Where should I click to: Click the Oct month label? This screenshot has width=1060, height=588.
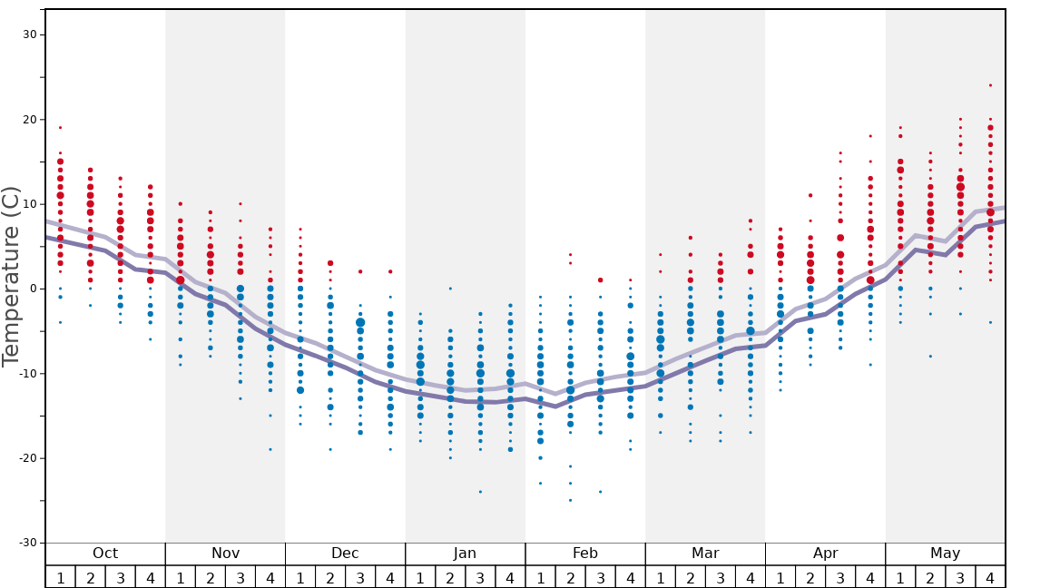point(105,554)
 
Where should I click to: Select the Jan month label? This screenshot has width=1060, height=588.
point(465,554)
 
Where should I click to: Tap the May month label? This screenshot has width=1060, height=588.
point(945,554)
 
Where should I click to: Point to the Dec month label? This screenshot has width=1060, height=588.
point(345,554)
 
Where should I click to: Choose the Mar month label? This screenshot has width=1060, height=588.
point(705,554)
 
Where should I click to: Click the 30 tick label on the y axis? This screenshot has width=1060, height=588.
point(29,34)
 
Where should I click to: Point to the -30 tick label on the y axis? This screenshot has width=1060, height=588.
point(26,543)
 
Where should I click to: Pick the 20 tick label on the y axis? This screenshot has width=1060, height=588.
point(29,119)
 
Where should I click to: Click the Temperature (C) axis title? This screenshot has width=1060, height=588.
point(11,276)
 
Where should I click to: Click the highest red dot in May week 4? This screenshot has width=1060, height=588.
point(990,85)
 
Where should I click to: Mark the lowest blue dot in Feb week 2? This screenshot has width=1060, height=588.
point(570,500)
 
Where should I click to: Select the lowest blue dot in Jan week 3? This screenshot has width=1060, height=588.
point(480,492)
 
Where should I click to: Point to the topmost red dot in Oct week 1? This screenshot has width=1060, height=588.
point(60,127)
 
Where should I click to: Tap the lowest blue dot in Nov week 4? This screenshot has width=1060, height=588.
point(270,449)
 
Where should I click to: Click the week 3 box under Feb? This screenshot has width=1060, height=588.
point(600,577)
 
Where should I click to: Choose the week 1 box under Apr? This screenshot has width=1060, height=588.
point(780,577)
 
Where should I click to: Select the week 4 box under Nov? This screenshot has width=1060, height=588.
point(270,577)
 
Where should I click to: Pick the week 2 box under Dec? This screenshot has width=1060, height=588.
point(330,577)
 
